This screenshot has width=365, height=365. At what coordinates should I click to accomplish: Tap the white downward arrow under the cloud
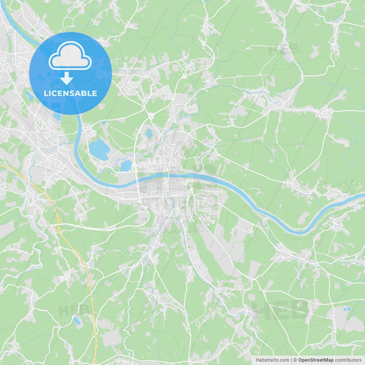click(66, 77)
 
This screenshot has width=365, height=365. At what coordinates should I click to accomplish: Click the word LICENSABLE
click(71, 93)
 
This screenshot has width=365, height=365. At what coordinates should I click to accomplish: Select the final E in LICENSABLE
click(95, 93)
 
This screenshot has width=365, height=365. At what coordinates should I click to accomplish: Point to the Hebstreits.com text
click(273, 360)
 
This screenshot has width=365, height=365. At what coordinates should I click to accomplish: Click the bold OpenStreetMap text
click(315, 360)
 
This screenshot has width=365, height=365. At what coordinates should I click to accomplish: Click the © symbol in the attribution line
click(294, 360)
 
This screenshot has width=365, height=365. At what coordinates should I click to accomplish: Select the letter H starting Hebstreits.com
click(257, 360)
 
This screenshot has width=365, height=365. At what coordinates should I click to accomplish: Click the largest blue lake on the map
click(100, 150)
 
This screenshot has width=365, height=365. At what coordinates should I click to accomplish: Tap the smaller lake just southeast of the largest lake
click(126, 166)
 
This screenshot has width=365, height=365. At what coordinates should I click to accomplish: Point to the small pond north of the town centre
click(149, 134)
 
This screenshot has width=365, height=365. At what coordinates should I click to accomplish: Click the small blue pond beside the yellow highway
click(76, 319)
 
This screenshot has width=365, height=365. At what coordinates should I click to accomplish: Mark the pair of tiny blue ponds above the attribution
click(347, 310)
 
